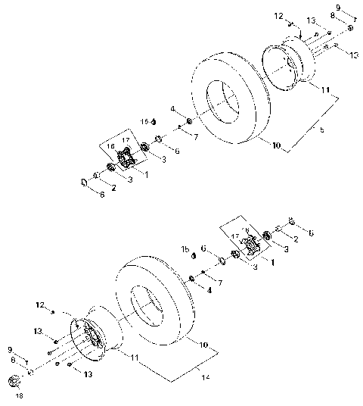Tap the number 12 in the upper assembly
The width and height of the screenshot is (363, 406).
coord(279,16)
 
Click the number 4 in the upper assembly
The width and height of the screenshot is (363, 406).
coord(172,110)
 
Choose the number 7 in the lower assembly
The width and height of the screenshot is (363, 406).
coord(220,282)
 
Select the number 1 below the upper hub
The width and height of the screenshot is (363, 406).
coord(144,173)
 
